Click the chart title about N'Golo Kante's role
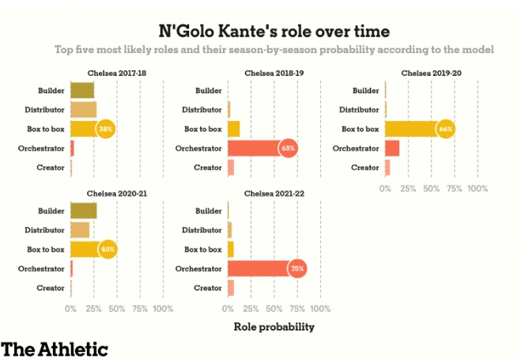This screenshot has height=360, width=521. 274,31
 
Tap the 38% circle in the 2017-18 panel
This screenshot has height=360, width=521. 106,128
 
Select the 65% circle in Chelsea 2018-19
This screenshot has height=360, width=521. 288,148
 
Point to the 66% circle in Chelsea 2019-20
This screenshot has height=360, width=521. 446,128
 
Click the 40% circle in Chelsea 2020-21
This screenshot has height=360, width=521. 108,249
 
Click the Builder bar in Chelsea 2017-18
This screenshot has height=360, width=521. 82,90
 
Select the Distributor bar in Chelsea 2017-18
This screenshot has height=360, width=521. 83,109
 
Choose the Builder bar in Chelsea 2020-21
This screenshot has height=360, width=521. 83,210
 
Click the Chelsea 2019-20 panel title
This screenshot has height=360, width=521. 432,73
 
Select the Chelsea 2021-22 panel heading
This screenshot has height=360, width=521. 274,194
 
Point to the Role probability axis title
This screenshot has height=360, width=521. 274,326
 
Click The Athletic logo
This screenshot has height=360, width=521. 54,348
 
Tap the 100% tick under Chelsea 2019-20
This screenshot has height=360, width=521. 478,189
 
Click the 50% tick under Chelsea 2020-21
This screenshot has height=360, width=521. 116,309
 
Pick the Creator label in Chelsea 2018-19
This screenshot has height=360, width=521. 208,167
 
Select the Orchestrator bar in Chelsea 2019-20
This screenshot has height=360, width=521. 392,148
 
